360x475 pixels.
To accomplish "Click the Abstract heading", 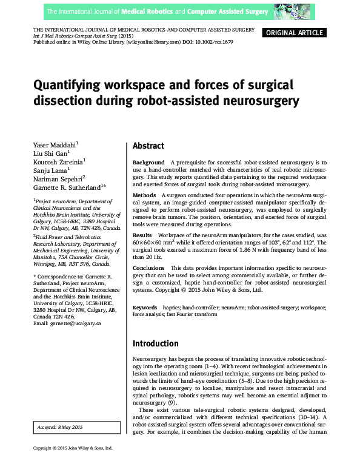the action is pos(148,146).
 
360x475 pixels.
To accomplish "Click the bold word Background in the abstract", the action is pos(148,163).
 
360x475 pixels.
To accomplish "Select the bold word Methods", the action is pos(144,195).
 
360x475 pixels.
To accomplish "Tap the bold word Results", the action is pos(142,234).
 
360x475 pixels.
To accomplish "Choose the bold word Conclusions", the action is pos(149,268).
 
